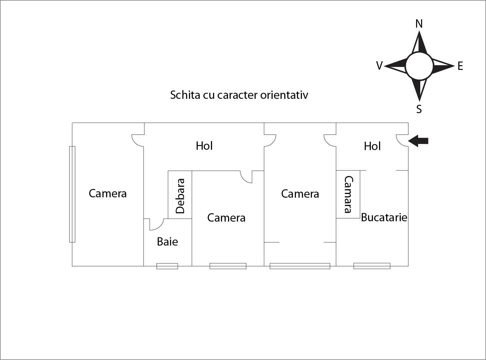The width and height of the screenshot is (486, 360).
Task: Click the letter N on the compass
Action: tap(419, 24)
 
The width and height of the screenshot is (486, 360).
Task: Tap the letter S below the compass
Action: tap(419, 109)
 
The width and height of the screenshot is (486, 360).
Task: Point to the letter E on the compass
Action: tap(460, 66)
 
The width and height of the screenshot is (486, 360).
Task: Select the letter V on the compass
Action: tap(379, 66)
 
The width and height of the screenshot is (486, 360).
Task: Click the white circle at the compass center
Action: tap(419, 66)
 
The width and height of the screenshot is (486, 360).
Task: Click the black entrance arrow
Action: tap(418, 141)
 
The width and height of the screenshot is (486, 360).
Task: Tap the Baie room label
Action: tap(167, 242)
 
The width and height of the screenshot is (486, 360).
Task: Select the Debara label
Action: tap(180, 196)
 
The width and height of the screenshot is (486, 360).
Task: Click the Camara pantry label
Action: tap(348, 194)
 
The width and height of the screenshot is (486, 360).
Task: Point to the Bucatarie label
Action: tap(384, 217)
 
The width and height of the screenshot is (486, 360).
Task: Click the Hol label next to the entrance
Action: tap(372, 146)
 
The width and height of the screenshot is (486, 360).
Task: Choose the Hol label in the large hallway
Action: tap(204, 146)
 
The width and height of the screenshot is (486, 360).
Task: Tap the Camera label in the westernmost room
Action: tap(108, 193)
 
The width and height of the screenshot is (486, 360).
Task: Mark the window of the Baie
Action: tap(167, 266)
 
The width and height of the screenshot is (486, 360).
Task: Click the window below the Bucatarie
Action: tap(372, 266)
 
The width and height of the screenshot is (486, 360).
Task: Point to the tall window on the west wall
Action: tap(72, 194)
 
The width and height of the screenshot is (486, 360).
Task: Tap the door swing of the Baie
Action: tap(156, 225)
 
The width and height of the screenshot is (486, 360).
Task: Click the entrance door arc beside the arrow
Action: tap(402, 140)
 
